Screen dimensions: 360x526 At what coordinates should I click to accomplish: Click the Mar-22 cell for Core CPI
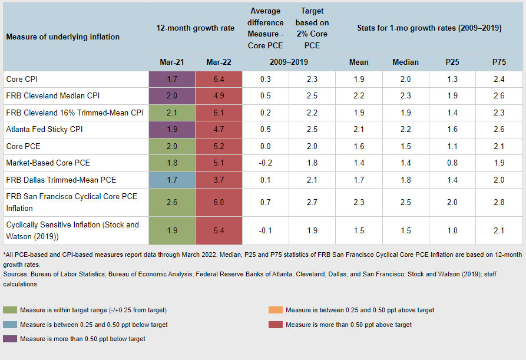(x=219, y=79)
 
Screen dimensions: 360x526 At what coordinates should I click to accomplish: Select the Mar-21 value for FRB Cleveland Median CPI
(x=172, y=96)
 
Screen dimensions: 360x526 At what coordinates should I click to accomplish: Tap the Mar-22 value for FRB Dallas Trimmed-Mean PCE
(x=219, y=180)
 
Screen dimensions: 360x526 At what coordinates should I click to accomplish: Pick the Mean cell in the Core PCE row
(x=359, y=146)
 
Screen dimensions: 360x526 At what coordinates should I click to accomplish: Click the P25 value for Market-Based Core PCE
(x=452, y=163)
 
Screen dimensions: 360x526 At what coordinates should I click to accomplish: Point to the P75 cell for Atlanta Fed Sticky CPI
(x=498, y=130)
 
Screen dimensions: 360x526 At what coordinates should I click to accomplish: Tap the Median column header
(x=405, y=62)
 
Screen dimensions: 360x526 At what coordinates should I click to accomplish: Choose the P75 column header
(x=498, y=62)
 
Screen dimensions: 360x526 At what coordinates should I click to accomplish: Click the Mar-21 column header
(x=172, y=62)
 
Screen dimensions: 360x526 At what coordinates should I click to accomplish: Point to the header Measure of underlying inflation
(x=62, y=37)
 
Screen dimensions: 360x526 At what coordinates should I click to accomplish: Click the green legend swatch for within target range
(x=11, y=310)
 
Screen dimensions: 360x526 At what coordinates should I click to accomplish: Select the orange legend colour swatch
(x=276, y=310)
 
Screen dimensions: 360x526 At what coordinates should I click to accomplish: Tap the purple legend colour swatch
(x=11, y=339)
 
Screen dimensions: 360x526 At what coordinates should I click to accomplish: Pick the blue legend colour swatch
(x=11, y=325)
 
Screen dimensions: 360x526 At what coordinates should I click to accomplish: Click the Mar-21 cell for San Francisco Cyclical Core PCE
(x=172, y=202)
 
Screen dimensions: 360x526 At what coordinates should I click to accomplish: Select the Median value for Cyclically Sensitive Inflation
(x=405, y=230)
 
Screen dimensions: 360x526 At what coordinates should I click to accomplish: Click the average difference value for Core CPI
(x=266, y=79)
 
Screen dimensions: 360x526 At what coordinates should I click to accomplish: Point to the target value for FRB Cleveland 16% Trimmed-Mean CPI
(x=312, y=113)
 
